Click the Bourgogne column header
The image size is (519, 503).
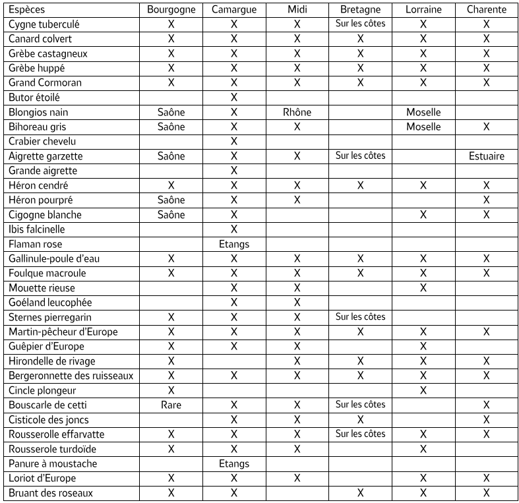click(171, 10)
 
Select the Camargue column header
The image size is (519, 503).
click(233, 10)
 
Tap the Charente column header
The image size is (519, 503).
click(486, 10)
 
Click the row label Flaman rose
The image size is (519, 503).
click(36, 244)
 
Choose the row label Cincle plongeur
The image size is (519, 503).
click(44, 390)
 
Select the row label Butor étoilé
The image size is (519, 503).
click(34, 98)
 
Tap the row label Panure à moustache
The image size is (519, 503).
click(53, 463)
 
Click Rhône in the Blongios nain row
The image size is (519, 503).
click(297, 112)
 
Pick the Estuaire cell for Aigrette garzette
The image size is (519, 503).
click(486, 156)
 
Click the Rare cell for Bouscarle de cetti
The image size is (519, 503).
click(171, 405)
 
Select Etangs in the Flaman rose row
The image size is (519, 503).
click(233, 244)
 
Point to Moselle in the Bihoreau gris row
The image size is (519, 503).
click(423, 127)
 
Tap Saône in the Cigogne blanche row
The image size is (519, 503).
click(171, 215)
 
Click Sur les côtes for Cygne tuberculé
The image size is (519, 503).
click(360, 24)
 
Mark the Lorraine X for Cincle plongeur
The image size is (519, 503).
click(423, 390)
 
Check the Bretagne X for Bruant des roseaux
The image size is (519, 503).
click(360, 492)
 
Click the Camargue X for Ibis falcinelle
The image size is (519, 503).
click(233, 229)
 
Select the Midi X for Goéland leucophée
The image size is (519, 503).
click(297, 303)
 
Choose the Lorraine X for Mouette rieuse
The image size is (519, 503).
click(423, 288)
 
